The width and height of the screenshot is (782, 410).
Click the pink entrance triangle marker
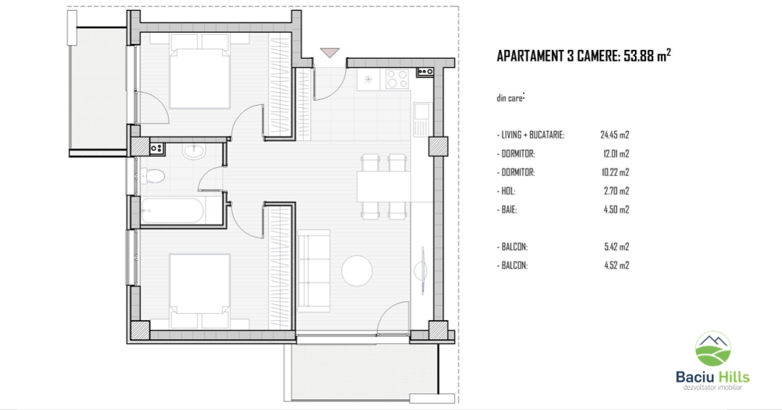point(329,52)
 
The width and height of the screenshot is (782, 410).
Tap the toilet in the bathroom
point(153,175)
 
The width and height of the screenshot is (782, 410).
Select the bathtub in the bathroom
point(172,211)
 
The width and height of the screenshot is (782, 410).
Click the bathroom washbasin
point(193,151)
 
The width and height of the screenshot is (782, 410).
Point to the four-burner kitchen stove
point(398,80)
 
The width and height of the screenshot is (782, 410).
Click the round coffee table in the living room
point(357,271)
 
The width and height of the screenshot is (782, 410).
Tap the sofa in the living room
point(314,271)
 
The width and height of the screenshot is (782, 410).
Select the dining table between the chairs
point(384,186)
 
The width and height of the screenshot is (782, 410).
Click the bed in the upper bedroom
point(200,71)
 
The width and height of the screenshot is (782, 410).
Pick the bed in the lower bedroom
point(200,290)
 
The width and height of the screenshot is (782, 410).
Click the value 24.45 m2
point(615,135)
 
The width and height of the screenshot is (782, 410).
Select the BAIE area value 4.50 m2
point(616,209)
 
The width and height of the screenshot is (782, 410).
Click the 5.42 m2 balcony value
point(616,246)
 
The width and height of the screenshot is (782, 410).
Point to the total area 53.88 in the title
point(639,56)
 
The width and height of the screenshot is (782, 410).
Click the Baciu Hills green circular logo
point(713,348)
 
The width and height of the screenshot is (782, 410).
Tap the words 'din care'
point(509,99)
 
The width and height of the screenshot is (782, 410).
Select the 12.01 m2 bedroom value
point(616,154)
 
